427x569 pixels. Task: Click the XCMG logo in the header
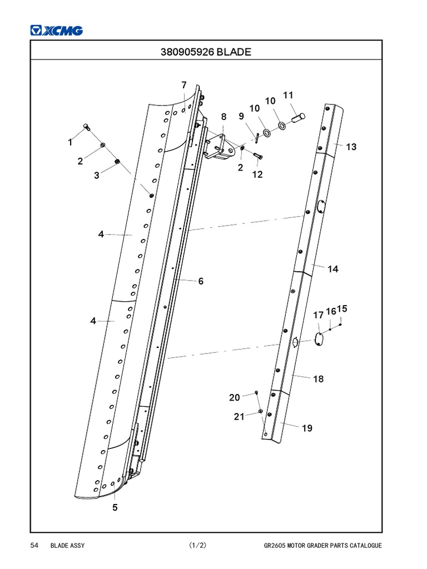56,31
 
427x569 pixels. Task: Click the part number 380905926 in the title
187,52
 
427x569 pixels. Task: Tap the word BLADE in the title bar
234,52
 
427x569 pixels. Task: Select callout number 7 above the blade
183,85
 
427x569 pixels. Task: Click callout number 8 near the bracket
224,117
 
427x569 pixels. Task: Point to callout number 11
288,95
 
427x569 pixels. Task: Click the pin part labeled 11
299,117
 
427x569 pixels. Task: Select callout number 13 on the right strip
351,147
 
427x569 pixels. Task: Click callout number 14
332,269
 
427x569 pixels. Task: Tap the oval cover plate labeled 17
319,338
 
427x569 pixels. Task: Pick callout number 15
342,309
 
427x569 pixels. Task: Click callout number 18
318,379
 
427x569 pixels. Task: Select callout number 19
307,428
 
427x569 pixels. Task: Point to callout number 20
235,397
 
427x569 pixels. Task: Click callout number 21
239,417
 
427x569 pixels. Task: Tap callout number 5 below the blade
115,507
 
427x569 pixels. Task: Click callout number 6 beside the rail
201,281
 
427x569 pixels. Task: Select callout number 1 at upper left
70,142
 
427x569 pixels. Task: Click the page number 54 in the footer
34,546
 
